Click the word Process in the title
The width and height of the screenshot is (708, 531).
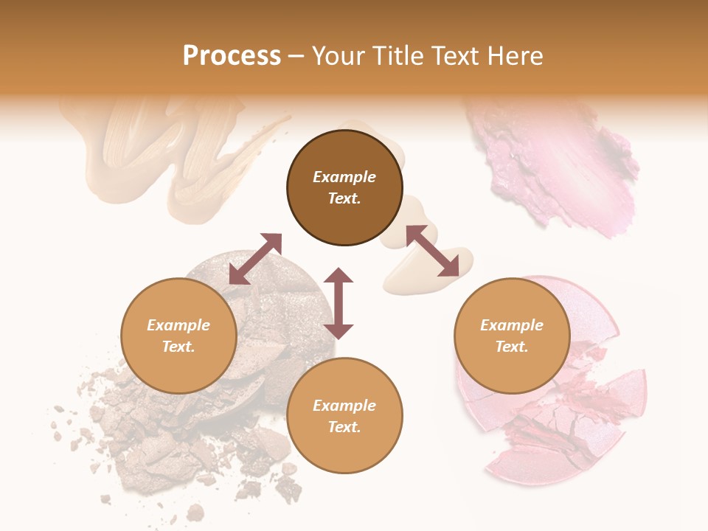232,56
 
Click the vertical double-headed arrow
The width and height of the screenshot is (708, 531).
339,303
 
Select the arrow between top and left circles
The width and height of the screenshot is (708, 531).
255,259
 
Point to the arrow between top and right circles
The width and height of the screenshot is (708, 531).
432,251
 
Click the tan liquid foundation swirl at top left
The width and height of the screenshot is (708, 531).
170,147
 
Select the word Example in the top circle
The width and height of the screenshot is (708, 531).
344,177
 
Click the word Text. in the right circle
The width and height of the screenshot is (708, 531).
512,347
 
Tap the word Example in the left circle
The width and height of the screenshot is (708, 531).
178,325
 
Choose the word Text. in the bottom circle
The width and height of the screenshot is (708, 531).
344,427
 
